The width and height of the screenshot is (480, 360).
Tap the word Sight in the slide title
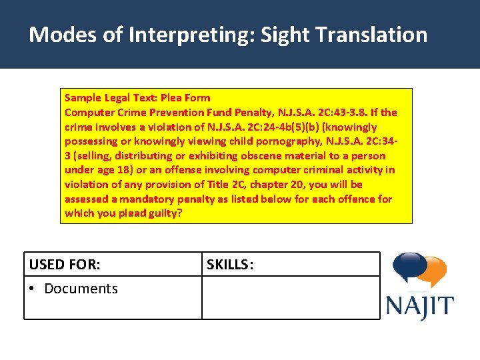coord(285,35)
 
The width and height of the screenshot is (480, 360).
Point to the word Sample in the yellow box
coord(83,98)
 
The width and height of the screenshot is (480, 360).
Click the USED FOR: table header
coord(65,265)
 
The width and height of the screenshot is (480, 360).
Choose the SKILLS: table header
coord(230,265)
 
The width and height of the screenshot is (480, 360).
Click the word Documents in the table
coord(81,289)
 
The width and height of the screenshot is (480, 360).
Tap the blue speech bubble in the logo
coord(409,268)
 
